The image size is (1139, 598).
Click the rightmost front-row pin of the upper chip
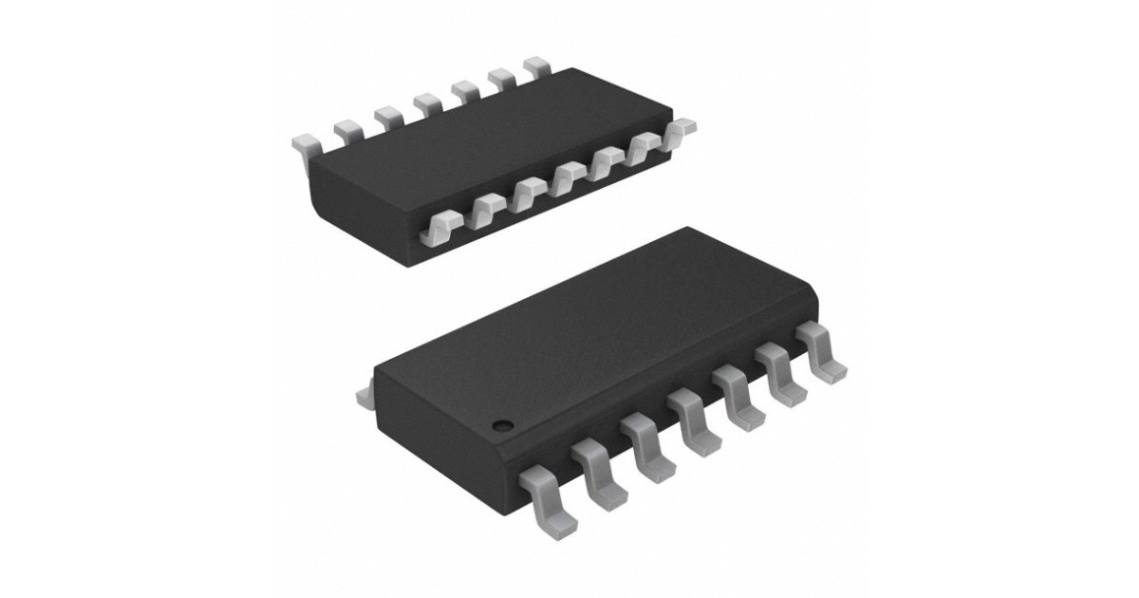(x=682, y=130)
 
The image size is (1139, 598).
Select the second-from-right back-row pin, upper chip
(x=500, y=80)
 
